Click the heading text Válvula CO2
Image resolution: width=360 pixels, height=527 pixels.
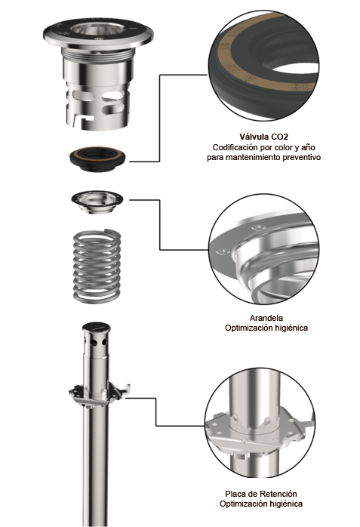click(x=263, y=137)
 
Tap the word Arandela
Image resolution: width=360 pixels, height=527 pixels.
click(x=266, y=318)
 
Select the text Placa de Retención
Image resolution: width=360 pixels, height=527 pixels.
click(x=261, y=494)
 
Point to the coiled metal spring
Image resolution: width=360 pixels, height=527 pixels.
click(x=97, y=266)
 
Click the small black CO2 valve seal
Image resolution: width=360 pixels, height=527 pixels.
click(x=97, y=159)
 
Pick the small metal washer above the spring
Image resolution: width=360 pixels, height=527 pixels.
click(x=97, y=202)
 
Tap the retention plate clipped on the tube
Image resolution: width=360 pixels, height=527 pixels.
click(x=100, y=394)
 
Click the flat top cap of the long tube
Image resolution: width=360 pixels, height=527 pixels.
click(x=97, y=326)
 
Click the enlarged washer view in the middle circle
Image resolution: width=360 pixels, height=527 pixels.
click(x=263, y=249)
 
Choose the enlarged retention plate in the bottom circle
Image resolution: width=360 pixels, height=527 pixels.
click(x=260, y=423)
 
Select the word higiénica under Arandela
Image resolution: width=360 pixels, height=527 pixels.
click(x=291, y=328)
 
